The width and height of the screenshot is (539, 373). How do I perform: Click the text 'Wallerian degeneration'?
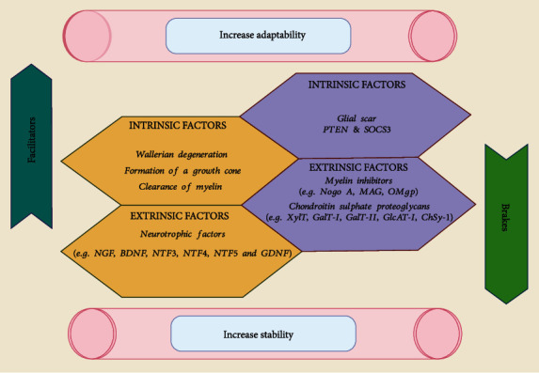tap(171, 154)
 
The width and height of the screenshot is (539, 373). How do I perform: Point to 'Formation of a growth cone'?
tap(171, 170)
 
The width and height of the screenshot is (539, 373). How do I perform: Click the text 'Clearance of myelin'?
tap(171, 186)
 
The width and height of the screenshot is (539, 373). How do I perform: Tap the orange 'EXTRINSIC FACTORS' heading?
tap(166, 216)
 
